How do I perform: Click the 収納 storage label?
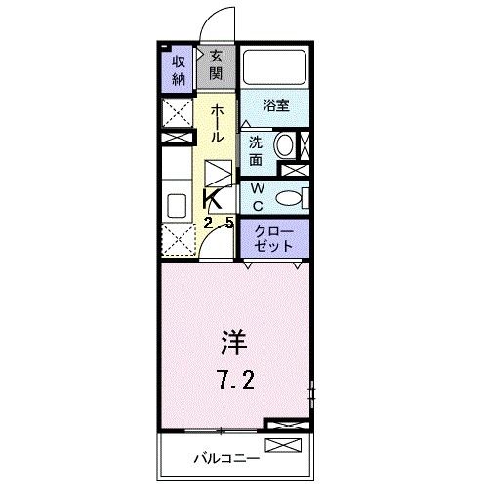point(180,69)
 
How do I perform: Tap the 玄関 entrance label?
point(215,67)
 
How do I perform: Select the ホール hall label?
point(218,125)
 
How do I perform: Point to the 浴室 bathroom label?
point(276,105)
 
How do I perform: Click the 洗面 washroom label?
point(254,149)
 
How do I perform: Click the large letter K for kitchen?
point(212,199)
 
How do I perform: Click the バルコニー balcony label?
point(224,455)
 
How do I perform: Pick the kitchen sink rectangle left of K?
point(178,206)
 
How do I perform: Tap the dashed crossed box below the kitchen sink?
point(178,240)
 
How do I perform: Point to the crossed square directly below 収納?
point(178,113)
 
